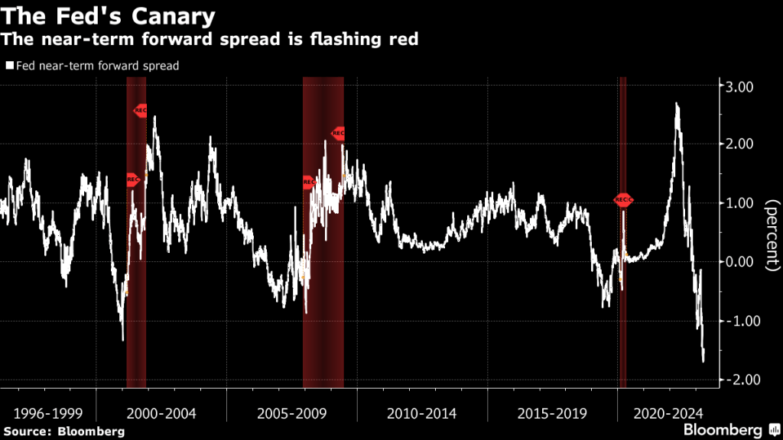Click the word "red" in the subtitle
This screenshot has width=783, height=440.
click(x=401, y=39)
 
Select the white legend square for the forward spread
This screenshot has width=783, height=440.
click(x=8, y=66)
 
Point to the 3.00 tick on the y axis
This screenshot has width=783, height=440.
click(x=739, y=86)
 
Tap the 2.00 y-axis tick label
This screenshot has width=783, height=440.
click(x=739, y=144)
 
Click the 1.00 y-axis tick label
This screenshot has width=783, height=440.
click(x=739, y=203)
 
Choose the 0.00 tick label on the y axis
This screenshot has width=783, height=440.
click(x=739, y=262)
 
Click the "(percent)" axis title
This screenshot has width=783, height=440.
click(x=770, y=234)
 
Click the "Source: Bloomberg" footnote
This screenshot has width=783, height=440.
click(x=64, y=432)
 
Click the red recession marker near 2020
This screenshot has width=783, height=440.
click(x=623, y=200)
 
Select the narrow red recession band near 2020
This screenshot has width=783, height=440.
click(x=622, y=306)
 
